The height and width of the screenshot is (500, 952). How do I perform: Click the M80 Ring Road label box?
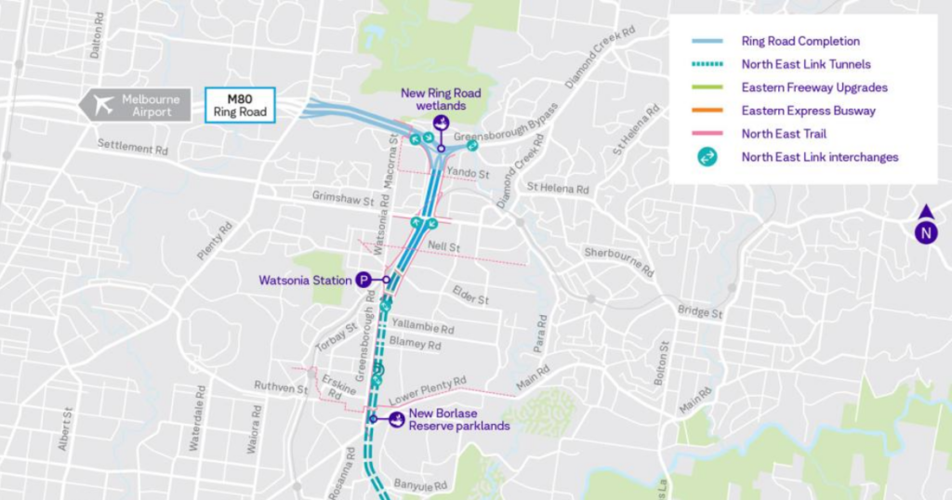(x=240, y=104)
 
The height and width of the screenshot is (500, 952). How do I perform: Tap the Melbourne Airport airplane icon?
(x=103, y=105)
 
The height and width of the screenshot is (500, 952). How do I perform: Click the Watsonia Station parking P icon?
(x=364, y=279)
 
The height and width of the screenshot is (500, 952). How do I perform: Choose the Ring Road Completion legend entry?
(x=800, y=41)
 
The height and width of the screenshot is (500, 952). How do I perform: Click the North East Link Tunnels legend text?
(x=806, y=64)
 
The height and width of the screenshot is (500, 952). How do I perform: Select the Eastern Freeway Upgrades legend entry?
(x=813, y=87)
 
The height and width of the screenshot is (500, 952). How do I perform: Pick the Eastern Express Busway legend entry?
(x=808, y=111)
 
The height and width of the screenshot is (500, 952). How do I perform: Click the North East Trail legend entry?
(x=784, y=134)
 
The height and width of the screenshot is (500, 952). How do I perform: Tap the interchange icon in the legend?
(x=707, y=157)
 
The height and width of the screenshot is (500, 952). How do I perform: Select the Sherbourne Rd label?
(x=619, y=263)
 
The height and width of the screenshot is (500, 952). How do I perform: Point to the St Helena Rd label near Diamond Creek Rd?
(x=558, y=188)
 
